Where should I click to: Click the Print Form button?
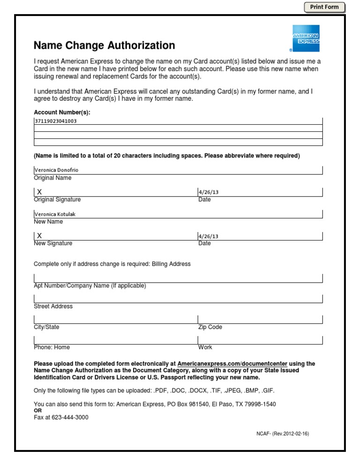(324, 7)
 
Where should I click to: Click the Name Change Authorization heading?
(104, 45)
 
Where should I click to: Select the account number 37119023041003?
(55, 121)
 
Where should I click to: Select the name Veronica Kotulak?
(55, 214)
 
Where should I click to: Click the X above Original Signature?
(39, 192)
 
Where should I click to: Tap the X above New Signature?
(39, 235)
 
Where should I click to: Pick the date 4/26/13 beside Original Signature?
(209, 192)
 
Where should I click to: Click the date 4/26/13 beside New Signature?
(209, 236)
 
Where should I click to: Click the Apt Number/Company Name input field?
(178, 278)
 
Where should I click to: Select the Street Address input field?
(178, 299)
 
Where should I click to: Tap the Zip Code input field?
(260, 319)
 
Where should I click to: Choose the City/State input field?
(115, 319)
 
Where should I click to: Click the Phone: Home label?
(52, 347)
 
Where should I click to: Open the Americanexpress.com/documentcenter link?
(232, 363)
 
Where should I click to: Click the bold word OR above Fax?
(38, 410)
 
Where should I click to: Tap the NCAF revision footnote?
(279, 434)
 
